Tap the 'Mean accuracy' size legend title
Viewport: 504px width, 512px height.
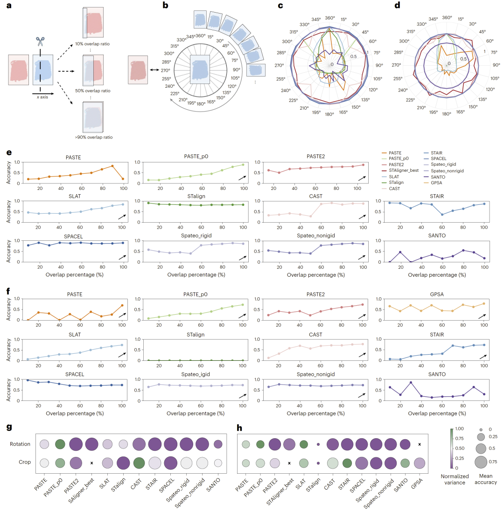click(x=484, y=479)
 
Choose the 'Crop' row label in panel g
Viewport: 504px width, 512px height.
click(x=25, y=463)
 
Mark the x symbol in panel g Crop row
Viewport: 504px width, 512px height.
click(x=91, y=463)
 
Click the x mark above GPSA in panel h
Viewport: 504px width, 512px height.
click(x=420, y=444)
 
